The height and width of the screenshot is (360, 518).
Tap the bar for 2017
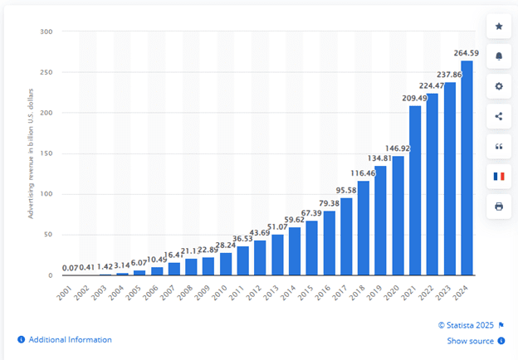pos(345,236)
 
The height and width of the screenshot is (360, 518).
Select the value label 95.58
pos(347,191)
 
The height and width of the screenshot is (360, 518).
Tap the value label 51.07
pos(277,228)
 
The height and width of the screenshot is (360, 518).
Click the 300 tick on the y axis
pos(46,32)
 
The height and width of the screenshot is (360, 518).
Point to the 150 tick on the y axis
pos(46,153)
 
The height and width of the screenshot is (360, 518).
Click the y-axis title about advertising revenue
pos(32,153)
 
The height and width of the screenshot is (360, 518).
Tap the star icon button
pos(498,27)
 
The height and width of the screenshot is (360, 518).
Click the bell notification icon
pos(498,56)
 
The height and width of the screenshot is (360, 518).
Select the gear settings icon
pos(498,86)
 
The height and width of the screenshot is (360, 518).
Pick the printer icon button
pos(498,206)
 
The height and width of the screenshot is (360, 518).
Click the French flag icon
pos(498,176)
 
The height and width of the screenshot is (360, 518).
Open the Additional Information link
pos(70,339)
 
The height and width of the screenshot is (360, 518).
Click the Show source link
pos(470,341)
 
